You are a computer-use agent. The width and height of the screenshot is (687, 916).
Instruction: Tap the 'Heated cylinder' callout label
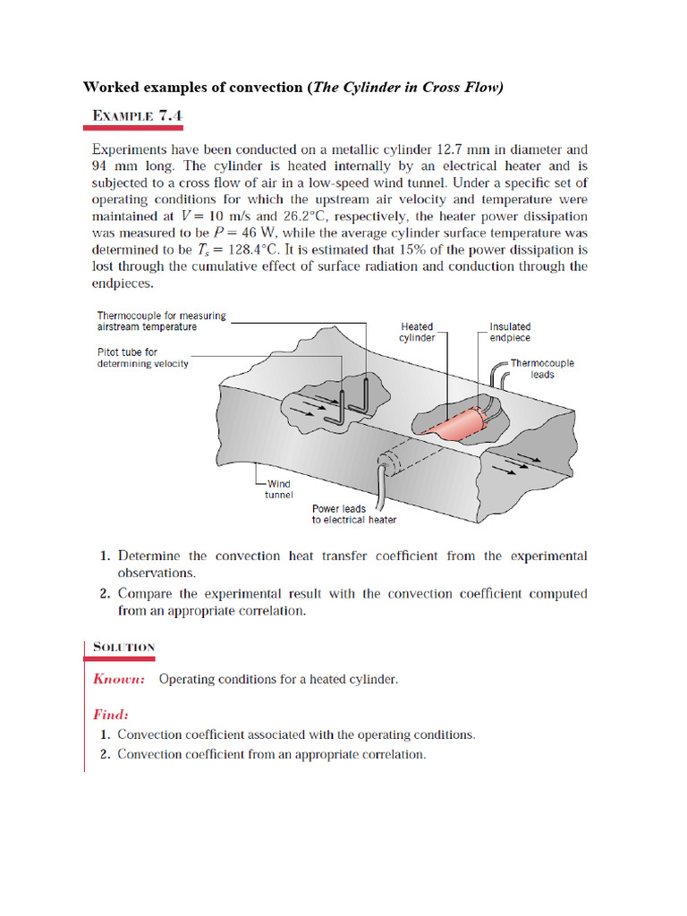(x=418, y=332)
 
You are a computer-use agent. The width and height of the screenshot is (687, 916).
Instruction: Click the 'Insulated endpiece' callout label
(x=510, y=332)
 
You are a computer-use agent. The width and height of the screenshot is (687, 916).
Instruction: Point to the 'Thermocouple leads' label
(x=542, y=369)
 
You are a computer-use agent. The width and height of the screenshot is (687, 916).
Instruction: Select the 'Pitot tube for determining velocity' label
(x=142, y=358)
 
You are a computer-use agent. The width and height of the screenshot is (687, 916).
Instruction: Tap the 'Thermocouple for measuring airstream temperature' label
(x=161, y=321)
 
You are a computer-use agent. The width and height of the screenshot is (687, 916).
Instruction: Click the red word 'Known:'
(x=119, y=679)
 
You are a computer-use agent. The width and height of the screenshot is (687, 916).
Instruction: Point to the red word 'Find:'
(x=111, y=714)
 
